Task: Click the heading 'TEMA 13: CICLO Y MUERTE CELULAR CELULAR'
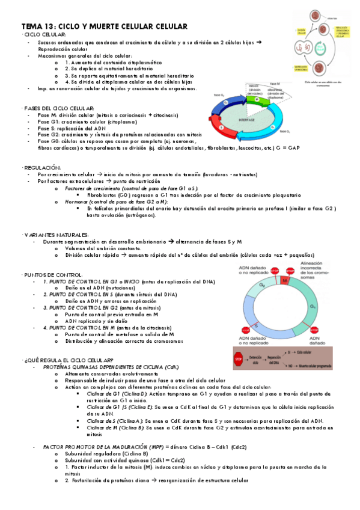tap(105, 26)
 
